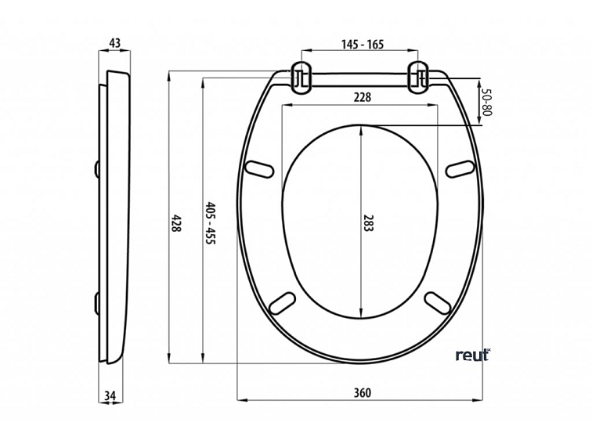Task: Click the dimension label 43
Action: (114, 43)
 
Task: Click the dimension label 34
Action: (110, 395)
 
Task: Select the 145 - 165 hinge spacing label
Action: (363, 45)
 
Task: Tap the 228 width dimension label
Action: (363, 97)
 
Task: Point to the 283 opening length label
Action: (368, 223)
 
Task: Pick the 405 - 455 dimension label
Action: (210, 223)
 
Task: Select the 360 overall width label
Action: (363, 393)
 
